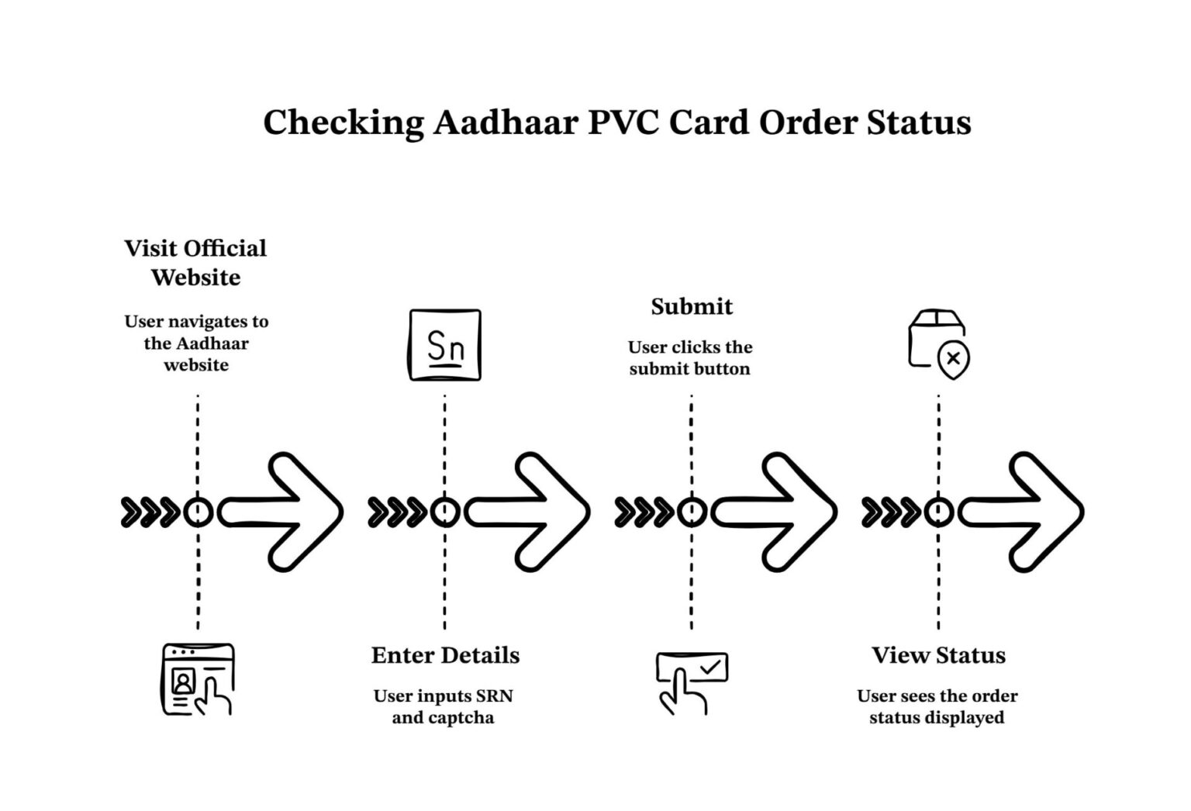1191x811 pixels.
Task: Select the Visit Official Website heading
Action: [x=195, y=263]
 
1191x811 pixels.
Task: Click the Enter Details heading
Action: [x=445, y=655]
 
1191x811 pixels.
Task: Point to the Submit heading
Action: [x=692, y=307]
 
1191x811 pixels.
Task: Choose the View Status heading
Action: [x=938, y=655]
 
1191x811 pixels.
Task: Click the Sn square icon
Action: [x=445, y=346]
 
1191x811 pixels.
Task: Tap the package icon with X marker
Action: [x=938, y=344]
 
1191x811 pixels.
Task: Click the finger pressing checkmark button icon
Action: [x=692, y=682]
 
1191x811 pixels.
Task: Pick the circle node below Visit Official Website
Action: [x=198, y=512]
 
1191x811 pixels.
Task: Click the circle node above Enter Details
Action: [x=444, y=512]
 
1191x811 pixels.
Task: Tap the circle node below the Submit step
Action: [x=692, y=512]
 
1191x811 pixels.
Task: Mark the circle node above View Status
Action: [x=938, y=512]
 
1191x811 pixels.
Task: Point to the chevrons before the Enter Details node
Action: [x=396, y=512]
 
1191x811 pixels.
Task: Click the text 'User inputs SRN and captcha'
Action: [x=444, y=706]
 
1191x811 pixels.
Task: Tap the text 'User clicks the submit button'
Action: [x=690, y=358]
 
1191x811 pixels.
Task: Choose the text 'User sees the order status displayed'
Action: [x=937, y=706]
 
